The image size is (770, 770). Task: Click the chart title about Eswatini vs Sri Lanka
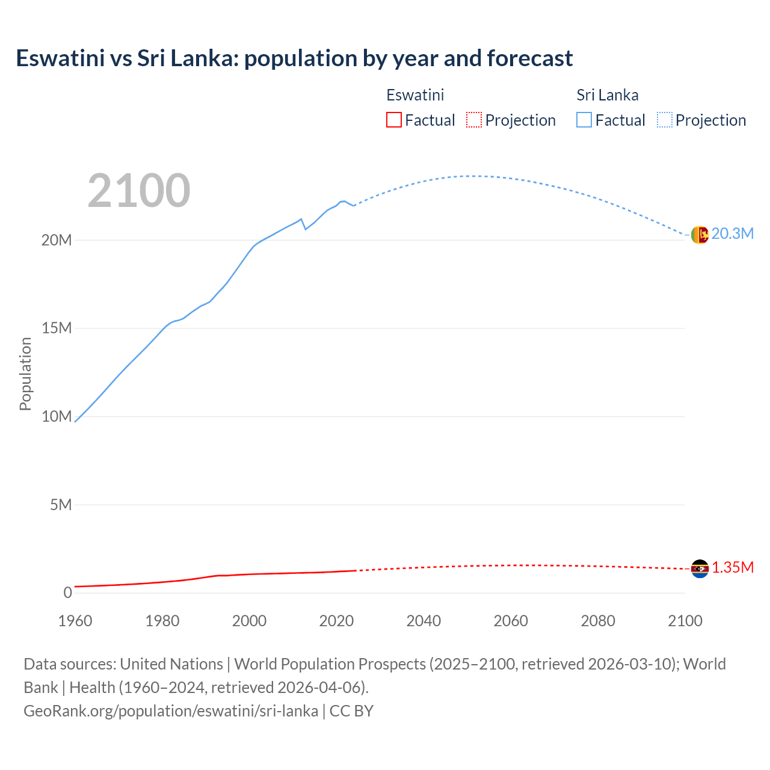[x=294, y=58]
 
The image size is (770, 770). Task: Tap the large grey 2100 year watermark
[x=139, y=191]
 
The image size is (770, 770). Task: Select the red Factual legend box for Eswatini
[x=393, y=120]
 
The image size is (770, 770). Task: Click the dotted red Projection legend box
[x=474, y=120]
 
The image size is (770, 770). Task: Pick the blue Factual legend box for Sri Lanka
[x=584, y=120]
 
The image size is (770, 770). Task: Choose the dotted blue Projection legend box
[x=665, y=120]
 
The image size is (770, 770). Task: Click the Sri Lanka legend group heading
[x=607, y=95]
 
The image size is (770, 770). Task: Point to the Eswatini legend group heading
[x=415, y=95]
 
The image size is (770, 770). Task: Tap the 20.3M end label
[x=732, y=233]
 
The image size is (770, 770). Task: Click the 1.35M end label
[x=733, y=568]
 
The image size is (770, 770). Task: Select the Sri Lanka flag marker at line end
[x=700, y=235]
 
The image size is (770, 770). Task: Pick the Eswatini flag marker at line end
[x=700, y=568]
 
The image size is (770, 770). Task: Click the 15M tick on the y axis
[x=57, y=328]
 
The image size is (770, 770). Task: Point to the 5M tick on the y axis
[x=61, y=504]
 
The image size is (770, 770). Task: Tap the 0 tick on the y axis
[x=67, y=593]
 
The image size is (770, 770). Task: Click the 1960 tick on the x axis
[x=75, y=621]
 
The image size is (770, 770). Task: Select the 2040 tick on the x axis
[x=423, y=621]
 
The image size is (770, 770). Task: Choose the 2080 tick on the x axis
[x=598, y=621]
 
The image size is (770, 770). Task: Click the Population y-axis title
[x=25, y=374]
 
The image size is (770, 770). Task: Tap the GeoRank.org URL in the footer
[x=171, y=711]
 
